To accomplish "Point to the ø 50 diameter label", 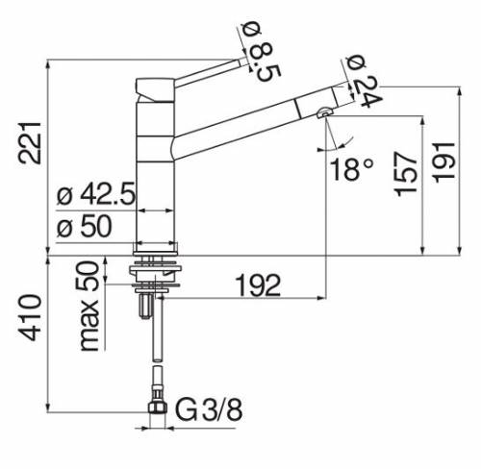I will coord(85,228).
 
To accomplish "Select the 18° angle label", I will coord(352,170).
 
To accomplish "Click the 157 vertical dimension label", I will coord(405,173).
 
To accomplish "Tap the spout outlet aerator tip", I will coord(322,114).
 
